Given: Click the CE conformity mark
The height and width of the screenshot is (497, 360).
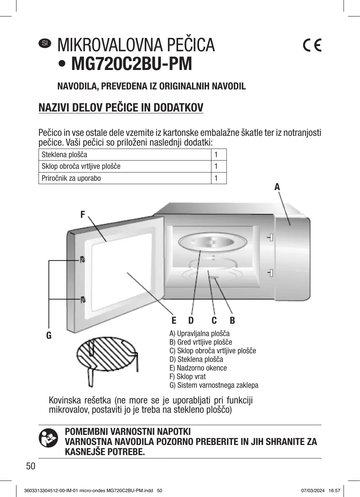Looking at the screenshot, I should point(312,45).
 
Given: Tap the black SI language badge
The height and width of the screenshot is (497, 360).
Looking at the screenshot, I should point(45,43).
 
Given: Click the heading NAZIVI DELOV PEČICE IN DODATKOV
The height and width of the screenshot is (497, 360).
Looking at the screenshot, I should point(121,108).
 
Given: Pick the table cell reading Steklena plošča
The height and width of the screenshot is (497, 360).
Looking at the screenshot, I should point(64,155).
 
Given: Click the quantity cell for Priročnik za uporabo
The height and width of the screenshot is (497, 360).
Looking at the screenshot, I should point(216,178).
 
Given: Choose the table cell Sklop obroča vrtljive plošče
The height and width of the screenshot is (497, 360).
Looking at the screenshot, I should point(81,166).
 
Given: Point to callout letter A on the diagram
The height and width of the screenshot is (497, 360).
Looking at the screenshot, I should point(277,187).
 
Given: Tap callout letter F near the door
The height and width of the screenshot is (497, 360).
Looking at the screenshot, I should point(83,214).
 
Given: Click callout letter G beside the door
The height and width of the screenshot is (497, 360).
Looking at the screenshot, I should point(49,335).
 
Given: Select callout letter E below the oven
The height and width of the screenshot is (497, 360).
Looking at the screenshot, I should point(174,320).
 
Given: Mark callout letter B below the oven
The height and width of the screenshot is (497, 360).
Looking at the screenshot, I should point(232,320).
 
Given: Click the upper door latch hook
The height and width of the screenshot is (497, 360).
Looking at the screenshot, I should point(82,259).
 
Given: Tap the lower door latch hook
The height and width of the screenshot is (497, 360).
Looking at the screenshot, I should point(83,299).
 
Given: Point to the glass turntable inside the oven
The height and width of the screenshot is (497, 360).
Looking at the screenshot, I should point(212,243).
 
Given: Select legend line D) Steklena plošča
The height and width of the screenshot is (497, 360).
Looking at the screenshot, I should point(196,359).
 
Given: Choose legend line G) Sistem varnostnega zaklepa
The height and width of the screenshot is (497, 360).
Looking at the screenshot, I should point(214,385).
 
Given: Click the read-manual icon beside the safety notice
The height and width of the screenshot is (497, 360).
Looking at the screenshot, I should point(49,438).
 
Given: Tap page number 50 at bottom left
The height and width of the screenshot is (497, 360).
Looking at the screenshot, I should point(30,466).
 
